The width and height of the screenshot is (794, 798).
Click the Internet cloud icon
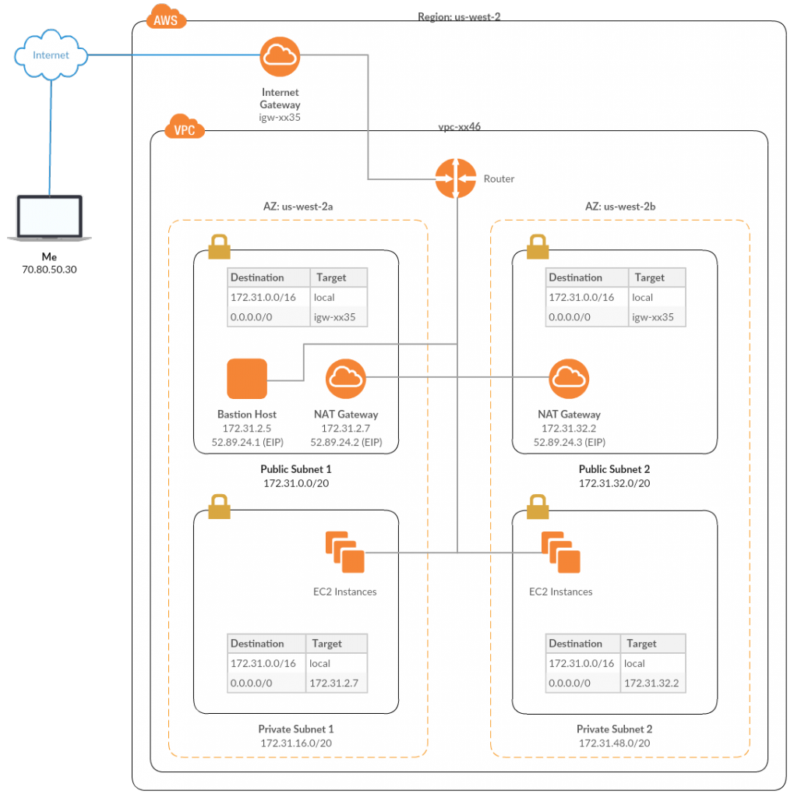[x=51, y=55]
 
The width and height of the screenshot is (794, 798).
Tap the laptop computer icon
[x=50, y=217]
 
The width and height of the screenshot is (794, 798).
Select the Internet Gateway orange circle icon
[x=280, y=56]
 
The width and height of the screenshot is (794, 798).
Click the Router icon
[x=456, y=178]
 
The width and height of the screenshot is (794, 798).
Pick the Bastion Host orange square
[x=247, y=379]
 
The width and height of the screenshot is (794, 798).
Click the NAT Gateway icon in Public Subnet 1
[x=346, y=379]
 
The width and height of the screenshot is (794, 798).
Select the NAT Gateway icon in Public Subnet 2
[x=569, y=379]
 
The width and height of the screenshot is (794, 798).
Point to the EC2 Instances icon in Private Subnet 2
[x=561, y=552]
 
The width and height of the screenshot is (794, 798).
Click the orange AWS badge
[x=166, y=17]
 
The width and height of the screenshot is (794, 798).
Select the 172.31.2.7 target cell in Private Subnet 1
[x=336, y=683]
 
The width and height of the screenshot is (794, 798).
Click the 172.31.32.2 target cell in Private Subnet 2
[x=652, y=683]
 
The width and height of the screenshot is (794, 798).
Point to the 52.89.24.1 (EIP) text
[x=247, y=442]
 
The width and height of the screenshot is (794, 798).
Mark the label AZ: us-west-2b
[x=621, y=207]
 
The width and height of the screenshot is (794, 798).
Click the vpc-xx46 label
[x=459, y=126]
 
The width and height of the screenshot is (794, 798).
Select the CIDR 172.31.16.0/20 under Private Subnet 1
[x=296, y=743]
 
